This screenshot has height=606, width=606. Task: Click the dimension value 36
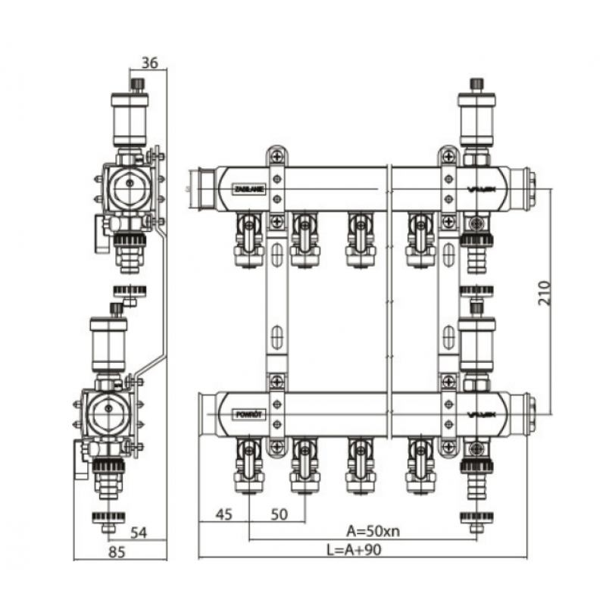pyautogui.click(x=149, y=64)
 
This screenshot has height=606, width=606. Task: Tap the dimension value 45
pyautogui.click(x=223, y=514)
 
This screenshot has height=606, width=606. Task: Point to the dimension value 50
pyautogui.click(x=280, y=514)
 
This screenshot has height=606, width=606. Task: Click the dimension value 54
pyautogui.click(x=137, y=532)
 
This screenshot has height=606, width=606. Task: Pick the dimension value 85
pyautogui.click(x=116, y=551)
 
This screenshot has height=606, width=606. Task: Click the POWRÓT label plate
pyautogui.click(x=248, y=414)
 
